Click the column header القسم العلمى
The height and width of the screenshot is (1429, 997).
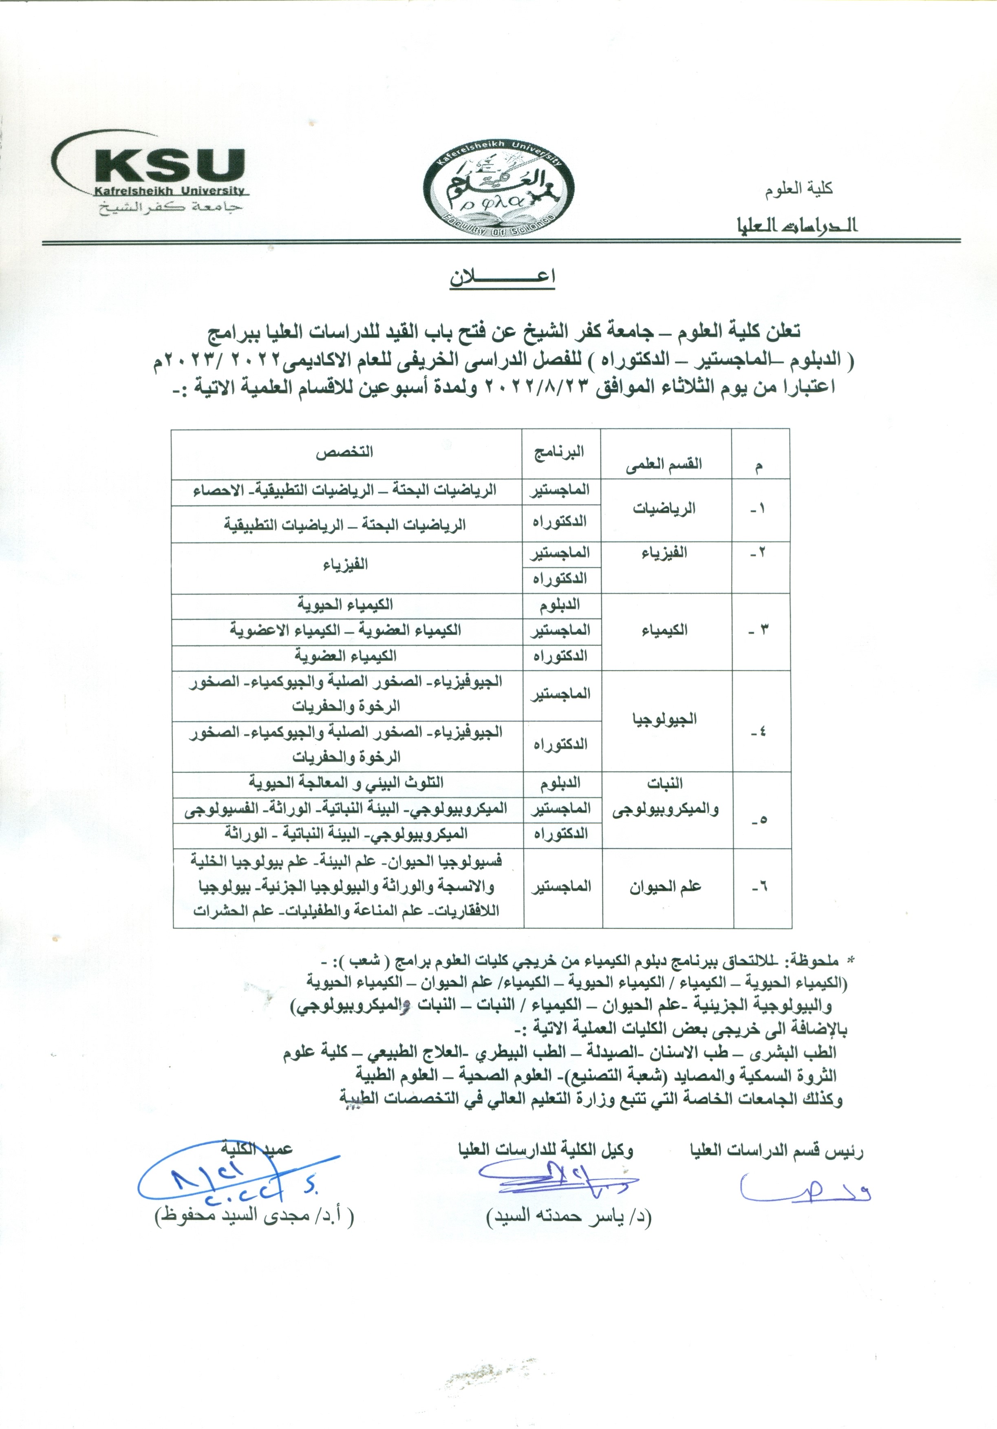pyautogui.click(x=664, y=464)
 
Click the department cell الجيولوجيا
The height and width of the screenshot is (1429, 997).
pyautogui.click(x=664, y=720)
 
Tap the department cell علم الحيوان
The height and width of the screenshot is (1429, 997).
pyautogui.click(x=664, y=887)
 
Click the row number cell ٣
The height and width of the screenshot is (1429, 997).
pyautogui.click(x=761, y=630)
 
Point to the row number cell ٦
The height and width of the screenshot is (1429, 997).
pyautogui.click(x=761, y=887)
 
